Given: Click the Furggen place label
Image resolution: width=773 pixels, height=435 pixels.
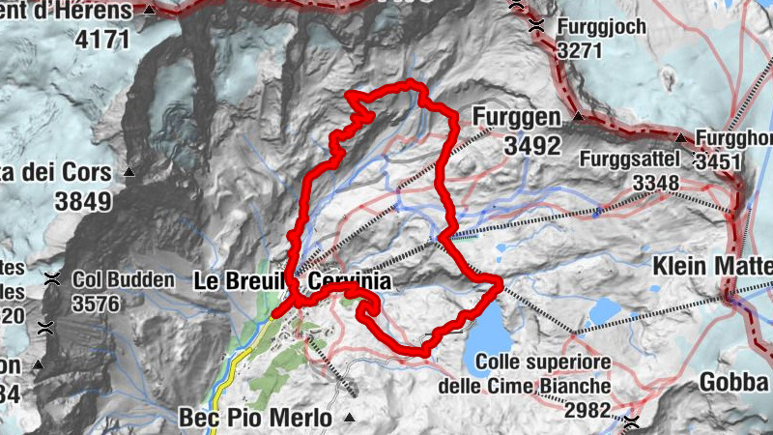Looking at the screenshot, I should click(517, 118).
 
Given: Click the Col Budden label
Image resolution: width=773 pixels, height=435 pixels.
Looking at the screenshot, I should click(123, 281).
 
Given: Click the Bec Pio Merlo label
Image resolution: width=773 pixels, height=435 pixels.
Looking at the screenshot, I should click(255, 419).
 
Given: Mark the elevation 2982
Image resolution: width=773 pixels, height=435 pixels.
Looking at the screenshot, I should click(587, 411).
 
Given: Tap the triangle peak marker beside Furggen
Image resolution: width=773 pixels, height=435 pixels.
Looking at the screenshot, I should click(578, 118).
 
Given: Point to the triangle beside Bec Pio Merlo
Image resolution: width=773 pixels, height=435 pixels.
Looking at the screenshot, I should click(349, 419).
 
